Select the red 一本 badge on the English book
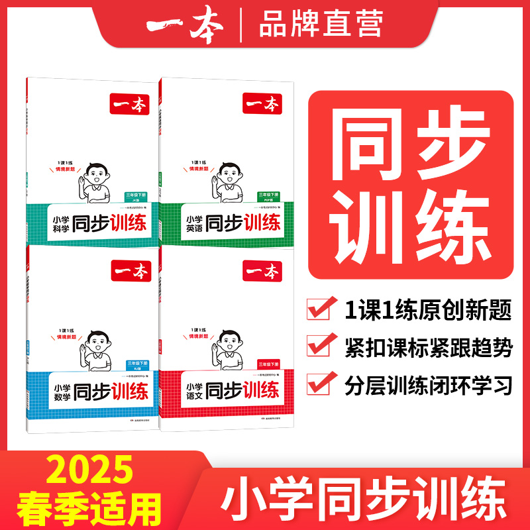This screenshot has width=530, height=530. tap(263, 104)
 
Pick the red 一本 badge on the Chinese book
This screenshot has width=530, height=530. tap(263, 270)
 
